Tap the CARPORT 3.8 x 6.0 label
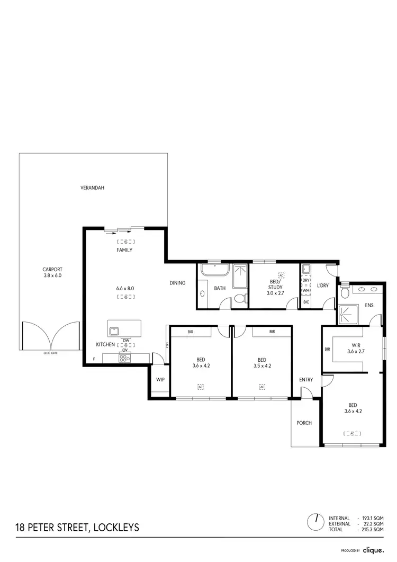tap(52, 272)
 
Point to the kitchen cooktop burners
tap(125, 358)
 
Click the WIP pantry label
tap(159, 380)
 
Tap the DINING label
tap(177, 283)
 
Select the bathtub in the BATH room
tap(214, 271)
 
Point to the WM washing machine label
tap(306, 291)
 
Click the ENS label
tap(369, 306)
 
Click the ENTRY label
tap(306, 380)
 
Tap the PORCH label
tap(304, 423)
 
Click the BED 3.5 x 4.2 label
tap(262, 362)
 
